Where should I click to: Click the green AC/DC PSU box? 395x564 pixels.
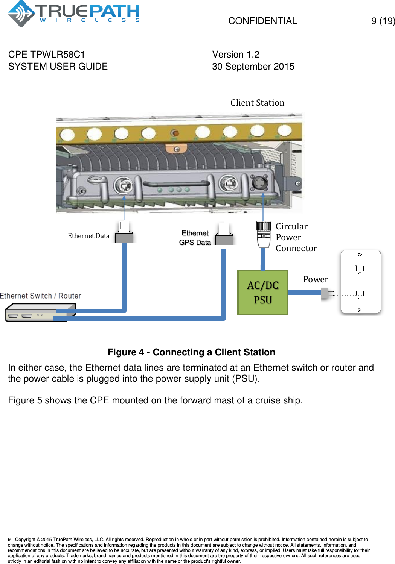coord(262,292)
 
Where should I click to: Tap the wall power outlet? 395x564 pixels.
coord(361,282)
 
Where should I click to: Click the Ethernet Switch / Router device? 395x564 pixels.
coord(41,312)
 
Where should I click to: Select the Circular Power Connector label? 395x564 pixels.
coord(296,237)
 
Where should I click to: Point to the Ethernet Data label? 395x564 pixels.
coord(88,236)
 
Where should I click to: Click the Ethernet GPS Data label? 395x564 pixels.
coord(195,238)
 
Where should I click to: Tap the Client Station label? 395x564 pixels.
coord(257,103)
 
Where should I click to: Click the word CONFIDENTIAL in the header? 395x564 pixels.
coord(263,21)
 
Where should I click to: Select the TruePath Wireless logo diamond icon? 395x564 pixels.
coord(21,13)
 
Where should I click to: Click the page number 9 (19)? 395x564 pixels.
coord(383,21)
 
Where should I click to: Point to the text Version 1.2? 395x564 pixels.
coord(236,55)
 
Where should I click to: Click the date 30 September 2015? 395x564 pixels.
coord(253,67)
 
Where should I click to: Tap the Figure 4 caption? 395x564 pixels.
coord(191,352)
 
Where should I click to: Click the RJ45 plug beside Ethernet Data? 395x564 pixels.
coord(124,232)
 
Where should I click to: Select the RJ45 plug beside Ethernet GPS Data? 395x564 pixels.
coord(224,233)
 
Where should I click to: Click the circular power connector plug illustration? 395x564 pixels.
coord(264,234)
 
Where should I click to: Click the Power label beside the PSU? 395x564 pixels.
coord(316,279)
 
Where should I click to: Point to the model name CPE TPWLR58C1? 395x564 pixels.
coord(46,55)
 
